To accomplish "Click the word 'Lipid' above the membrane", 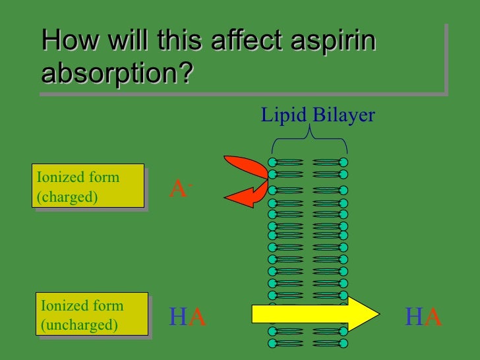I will [x=284, y=115].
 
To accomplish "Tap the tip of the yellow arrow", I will [x=377, y=314].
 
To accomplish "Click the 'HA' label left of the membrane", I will [x=187, y=318].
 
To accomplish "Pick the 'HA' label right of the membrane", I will [x=423, y=318].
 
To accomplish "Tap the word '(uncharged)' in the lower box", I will [x=79, y=325].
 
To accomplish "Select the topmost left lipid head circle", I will [x=272, y=162].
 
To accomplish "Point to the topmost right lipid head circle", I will [x=344, y=162].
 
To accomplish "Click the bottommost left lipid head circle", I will [x=272, y=344].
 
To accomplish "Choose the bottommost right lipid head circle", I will [x=344, y=344].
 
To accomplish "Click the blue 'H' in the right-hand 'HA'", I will [x=413, y=318].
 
